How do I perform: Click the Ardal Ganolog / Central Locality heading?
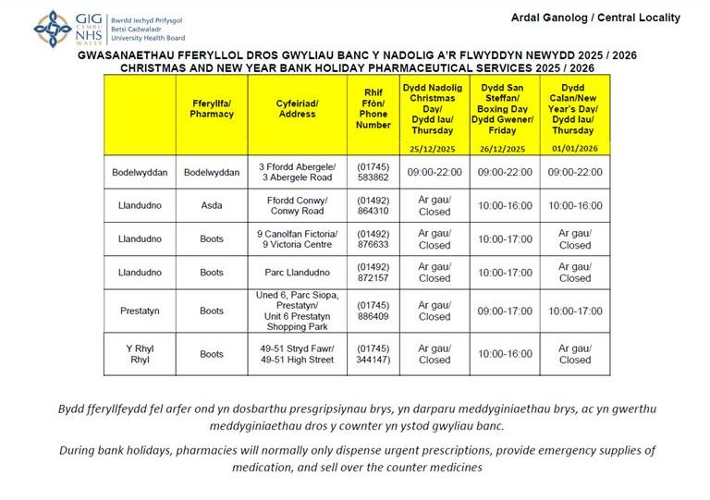click(x=594, y=18)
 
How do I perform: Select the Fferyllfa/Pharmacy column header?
click(x=212, y=108)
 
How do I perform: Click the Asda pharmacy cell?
click(x=212, y=206)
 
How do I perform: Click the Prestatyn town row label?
click(x=141, y=311)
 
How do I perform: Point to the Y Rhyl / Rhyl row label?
click(x=141, y=353)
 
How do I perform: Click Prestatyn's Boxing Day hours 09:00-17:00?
click(x=503, y=311)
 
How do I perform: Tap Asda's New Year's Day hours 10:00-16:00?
click(x=574, y=206)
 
